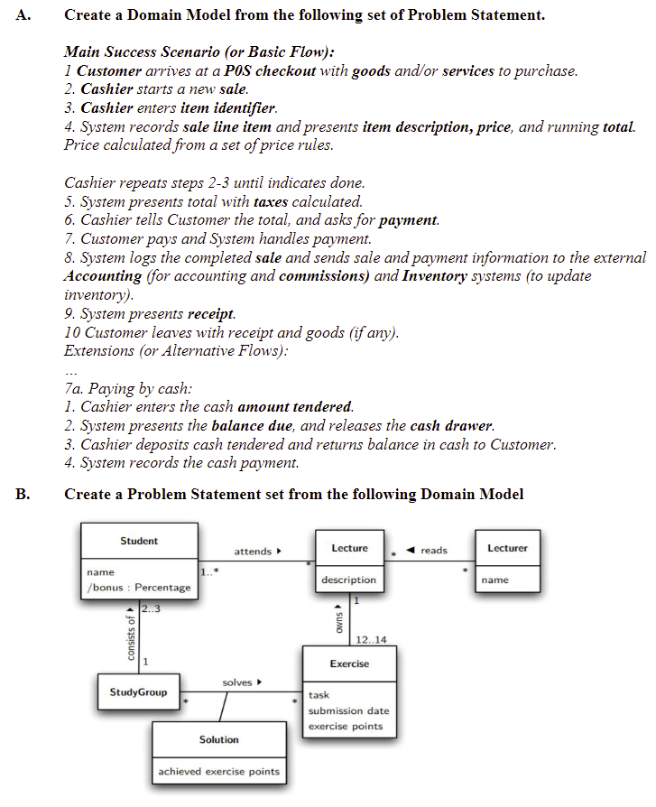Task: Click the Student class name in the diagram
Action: pyautogui.click(x=138, y=541)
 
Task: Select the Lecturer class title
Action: pyautogui.click(x=507, y=548)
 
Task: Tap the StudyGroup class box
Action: pyautogui.click(x=138, y=692)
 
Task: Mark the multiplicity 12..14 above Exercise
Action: pyautogui.click(x=372, y=640)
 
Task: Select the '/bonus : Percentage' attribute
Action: pyautogui.click(x=138, y=588)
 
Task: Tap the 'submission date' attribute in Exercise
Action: pyautogui.click(x=349, y=710)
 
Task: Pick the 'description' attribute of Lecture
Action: pyautogui.click(x=349, y=580)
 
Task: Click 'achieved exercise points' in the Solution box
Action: pyautogui.click(x=218, y=771)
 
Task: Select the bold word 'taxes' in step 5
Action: pyautogui.click(x=271, y=201)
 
